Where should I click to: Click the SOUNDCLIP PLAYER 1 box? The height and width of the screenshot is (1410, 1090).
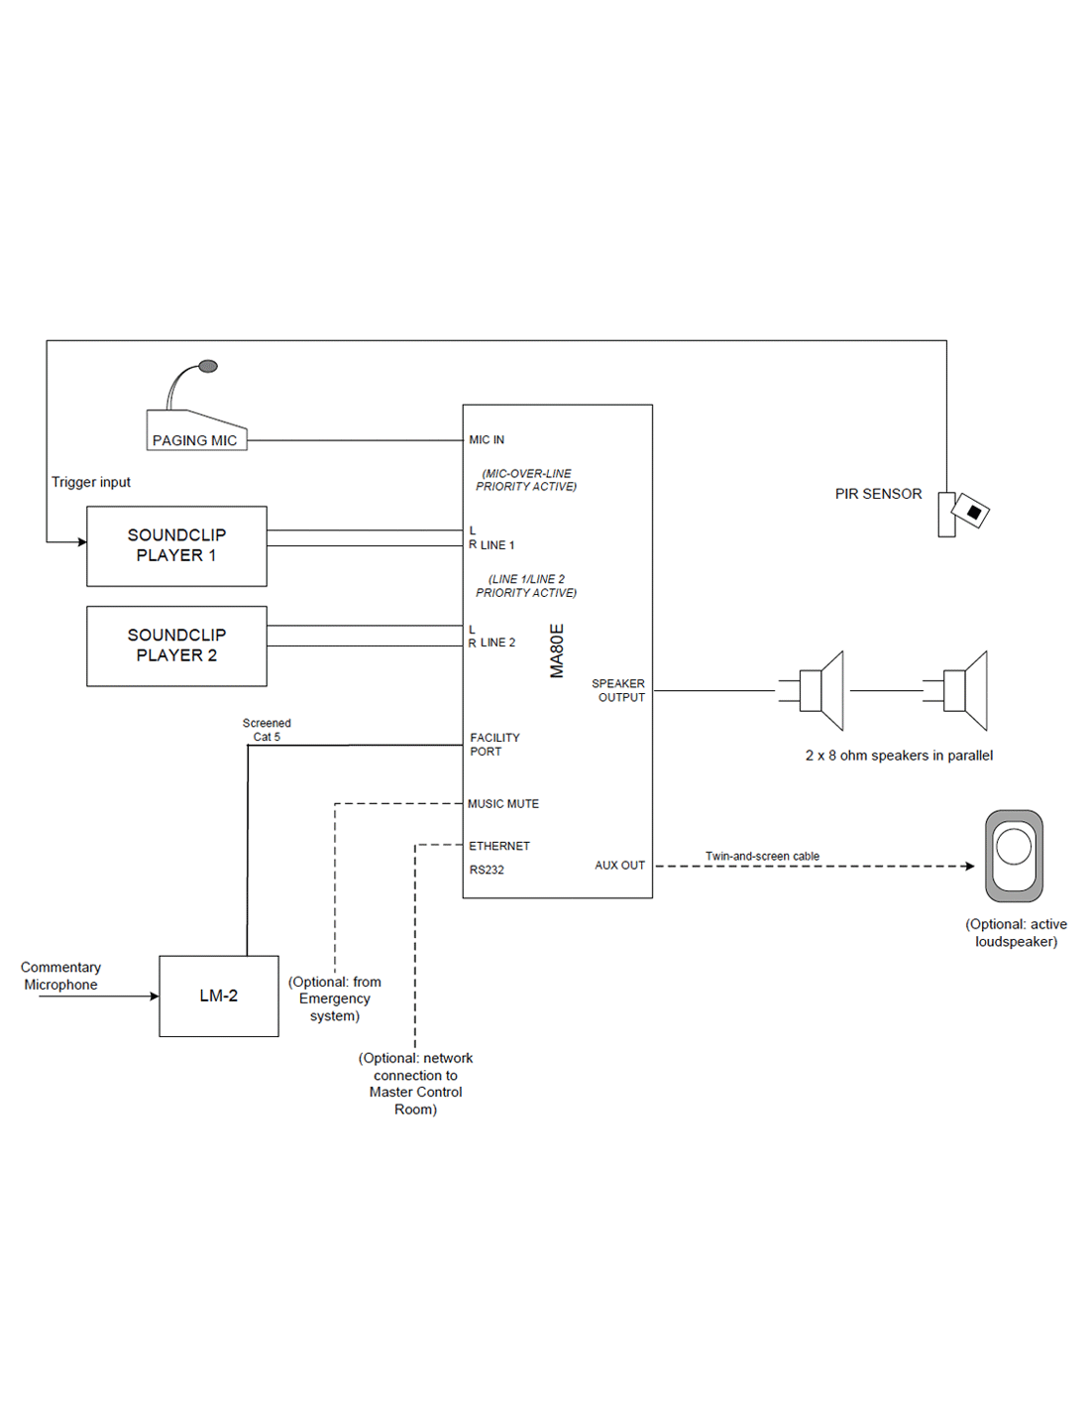(176, 545)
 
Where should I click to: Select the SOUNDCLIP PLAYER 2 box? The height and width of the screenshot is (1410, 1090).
(176, 646)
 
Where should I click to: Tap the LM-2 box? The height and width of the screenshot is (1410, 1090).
(219, 996)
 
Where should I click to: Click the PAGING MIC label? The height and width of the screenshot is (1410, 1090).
(195, 440)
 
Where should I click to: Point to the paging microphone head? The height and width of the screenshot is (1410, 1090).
(208, 367)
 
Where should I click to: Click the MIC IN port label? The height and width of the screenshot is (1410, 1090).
(487, 439)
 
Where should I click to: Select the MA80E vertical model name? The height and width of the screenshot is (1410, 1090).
(557, 650)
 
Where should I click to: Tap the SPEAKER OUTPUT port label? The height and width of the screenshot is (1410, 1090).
(618, 690)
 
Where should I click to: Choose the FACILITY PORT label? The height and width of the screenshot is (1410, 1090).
(494, 745)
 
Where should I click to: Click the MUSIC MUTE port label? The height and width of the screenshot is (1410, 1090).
(503, 804)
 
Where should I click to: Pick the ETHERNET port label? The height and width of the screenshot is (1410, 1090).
(499, 846)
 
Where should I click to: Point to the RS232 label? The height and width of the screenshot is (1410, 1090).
(487, 870)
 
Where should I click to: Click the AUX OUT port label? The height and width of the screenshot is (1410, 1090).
(619, 866)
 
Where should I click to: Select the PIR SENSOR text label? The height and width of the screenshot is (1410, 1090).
(878, 494)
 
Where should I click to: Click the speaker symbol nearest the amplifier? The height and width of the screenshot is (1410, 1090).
(818, 690)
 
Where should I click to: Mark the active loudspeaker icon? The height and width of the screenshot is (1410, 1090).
(1014, 856)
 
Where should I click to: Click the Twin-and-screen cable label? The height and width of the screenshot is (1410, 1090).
(762, 856)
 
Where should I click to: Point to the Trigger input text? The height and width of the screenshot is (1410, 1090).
(91, 482)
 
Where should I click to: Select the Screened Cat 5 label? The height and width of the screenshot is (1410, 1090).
(267, 730)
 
